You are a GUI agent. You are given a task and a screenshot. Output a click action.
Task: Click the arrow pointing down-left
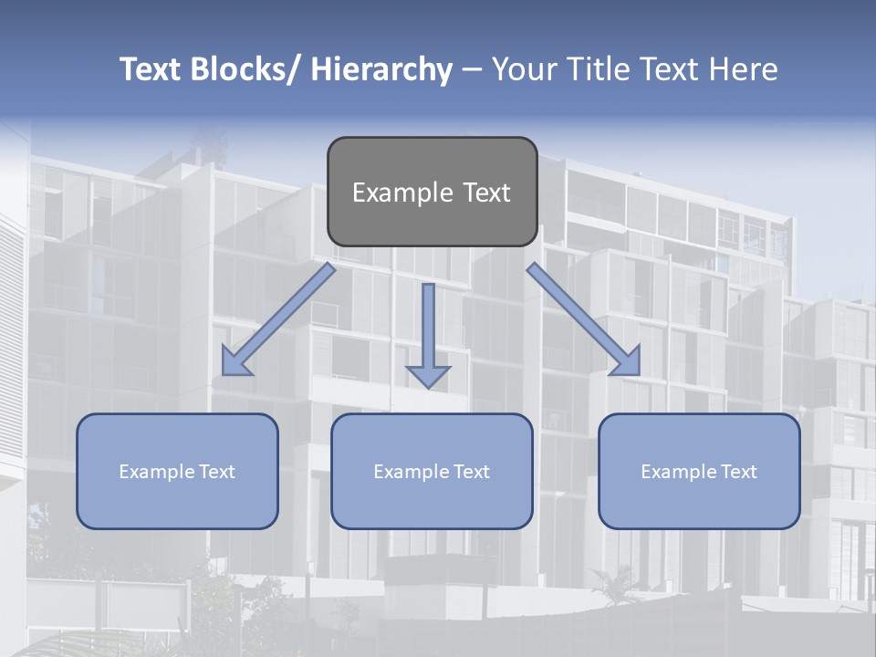click(279, 319)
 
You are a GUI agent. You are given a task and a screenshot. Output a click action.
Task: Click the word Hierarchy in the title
click(381, 69)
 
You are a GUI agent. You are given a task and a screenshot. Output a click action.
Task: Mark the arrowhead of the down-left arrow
click(235, 363)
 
